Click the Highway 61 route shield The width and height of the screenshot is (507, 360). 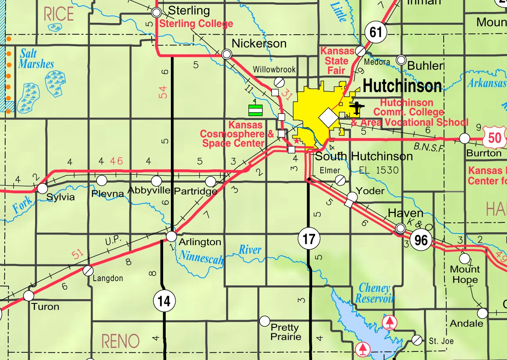[376, 32]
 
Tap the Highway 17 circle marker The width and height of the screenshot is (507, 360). [308, 239]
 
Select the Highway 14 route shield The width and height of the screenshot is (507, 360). [164, 301]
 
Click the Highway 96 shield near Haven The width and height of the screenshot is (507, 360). [421, 240]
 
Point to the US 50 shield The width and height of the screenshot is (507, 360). [495, 138]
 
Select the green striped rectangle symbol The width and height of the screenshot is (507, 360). [255, 110]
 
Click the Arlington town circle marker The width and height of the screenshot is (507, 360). [171, 236]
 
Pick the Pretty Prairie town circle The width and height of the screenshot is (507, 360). [265, 321]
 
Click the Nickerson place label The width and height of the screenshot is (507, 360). [259, 43]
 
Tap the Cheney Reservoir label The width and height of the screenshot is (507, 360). [375, 293]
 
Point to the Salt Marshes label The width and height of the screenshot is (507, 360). [37, 59]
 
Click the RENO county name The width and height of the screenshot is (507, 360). [120, 341]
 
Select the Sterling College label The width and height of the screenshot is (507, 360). [196, 24]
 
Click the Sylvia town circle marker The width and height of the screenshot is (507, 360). [42, 188]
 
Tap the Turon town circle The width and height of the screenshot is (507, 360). [29, 296]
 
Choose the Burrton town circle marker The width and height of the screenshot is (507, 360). [465, 138]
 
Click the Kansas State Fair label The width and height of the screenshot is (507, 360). [337, 61]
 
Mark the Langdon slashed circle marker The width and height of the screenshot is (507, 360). [88, 270]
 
